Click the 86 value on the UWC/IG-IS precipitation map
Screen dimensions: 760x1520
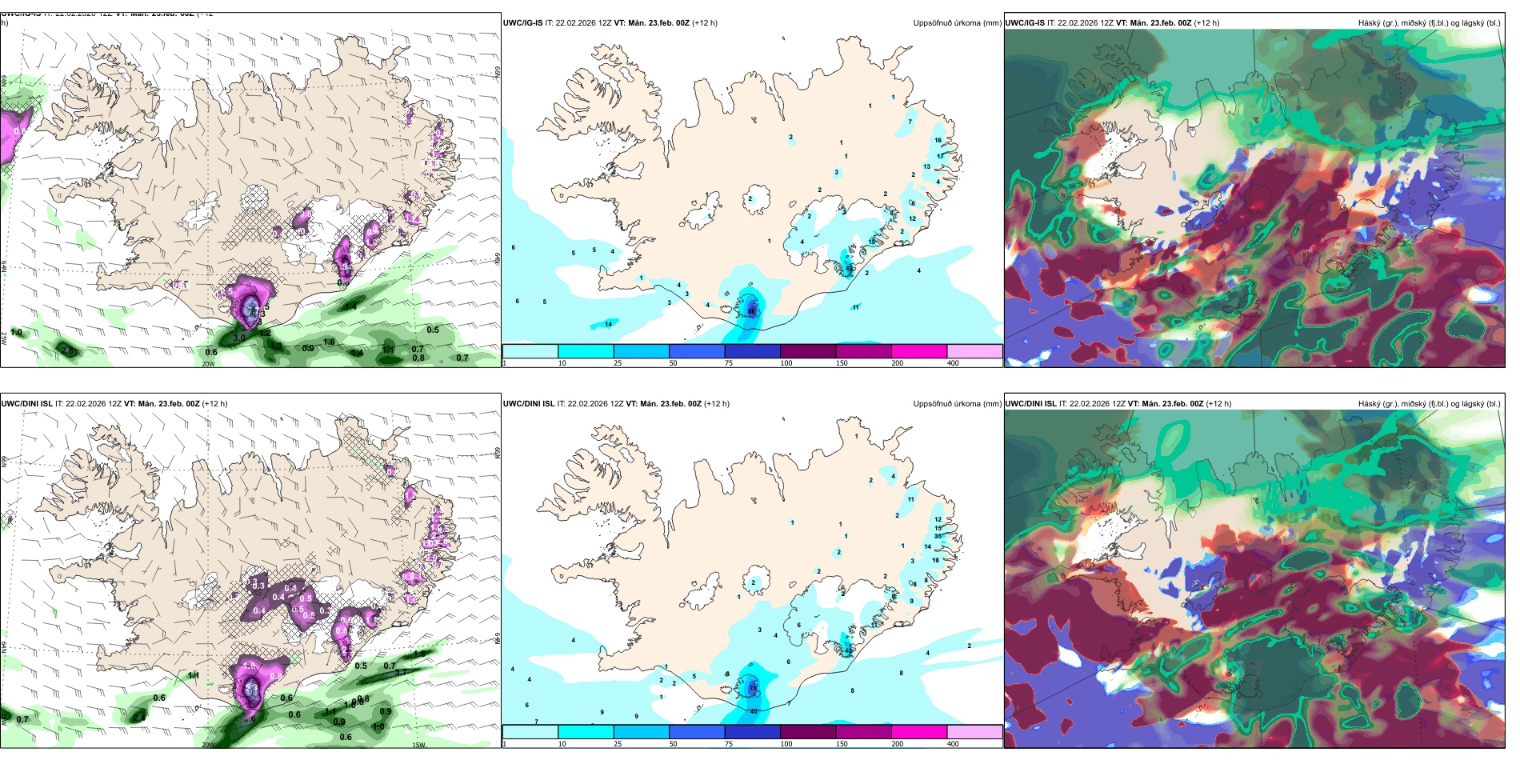pos(751,310)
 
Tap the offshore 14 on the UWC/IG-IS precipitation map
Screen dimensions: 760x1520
pos(609,324)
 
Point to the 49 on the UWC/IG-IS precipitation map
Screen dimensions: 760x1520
pos(850,269)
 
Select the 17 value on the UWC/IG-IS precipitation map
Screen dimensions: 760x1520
pos(940,157)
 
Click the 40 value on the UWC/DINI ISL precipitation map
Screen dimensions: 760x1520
pos(754,711)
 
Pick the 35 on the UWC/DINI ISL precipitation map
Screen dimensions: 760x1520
pos(938,536)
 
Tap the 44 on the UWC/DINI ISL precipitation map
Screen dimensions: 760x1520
pos(849,651)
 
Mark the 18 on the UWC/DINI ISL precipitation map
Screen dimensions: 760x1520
pos(935,560)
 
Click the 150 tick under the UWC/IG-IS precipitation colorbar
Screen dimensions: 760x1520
pos(842,363)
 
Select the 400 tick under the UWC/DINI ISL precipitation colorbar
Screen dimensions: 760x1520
pos(953,744)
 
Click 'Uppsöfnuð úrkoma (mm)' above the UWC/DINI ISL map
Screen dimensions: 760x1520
pos(957,404)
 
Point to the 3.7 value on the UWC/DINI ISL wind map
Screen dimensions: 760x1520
pos(401,672)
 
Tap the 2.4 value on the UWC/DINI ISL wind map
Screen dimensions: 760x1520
pos(139,718)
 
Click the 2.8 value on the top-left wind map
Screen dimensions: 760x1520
pos(68,350)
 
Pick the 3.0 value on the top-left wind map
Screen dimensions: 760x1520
pos(238,338)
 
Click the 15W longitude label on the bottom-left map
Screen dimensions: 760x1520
pos(418,745)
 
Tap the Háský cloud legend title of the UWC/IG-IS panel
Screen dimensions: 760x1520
pos(1429,23)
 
